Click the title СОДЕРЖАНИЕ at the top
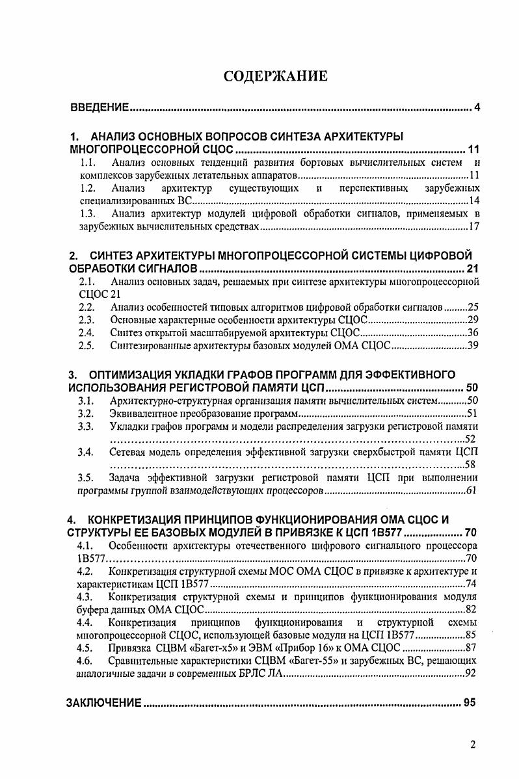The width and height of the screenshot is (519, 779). click(275, 75)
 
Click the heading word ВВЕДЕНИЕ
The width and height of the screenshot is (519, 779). click(99, 107)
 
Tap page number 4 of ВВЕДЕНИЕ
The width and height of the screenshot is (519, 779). click(477, 107)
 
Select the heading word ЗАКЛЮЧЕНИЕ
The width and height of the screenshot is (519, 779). click(105, 703)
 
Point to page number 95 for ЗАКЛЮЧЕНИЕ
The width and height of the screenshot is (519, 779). click(472, 703)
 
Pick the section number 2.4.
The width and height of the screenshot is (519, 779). click(87, 333)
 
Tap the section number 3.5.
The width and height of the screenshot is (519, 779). click(87, 478)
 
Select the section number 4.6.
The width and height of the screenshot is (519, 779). click(86, 660)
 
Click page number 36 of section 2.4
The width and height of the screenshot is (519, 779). click(473, 333)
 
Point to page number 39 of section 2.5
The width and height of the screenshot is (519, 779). click(473, 345)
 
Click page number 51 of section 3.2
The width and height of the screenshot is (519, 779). click(473, 414)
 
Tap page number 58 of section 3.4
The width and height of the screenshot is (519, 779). click(473, 464)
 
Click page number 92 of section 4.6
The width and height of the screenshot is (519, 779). click(473, 673)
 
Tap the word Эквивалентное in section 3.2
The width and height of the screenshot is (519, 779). click(141, 414)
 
